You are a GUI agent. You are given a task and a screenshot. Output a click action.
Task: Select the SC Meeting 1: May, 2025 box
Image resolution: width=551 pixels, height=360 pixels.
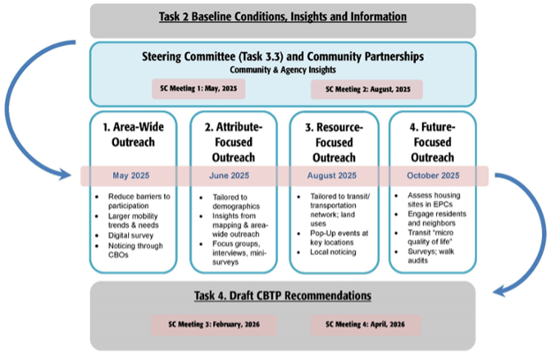coord(197,90)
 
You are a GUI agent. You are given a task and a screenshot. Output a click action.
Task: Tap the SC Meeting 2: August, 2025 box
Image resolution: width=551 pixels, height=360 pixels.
coord(366,90)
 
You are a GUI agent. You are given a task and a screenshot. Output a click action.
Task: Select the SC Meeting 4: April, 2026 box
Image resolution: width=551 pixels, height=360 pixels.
coord(366,324)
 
